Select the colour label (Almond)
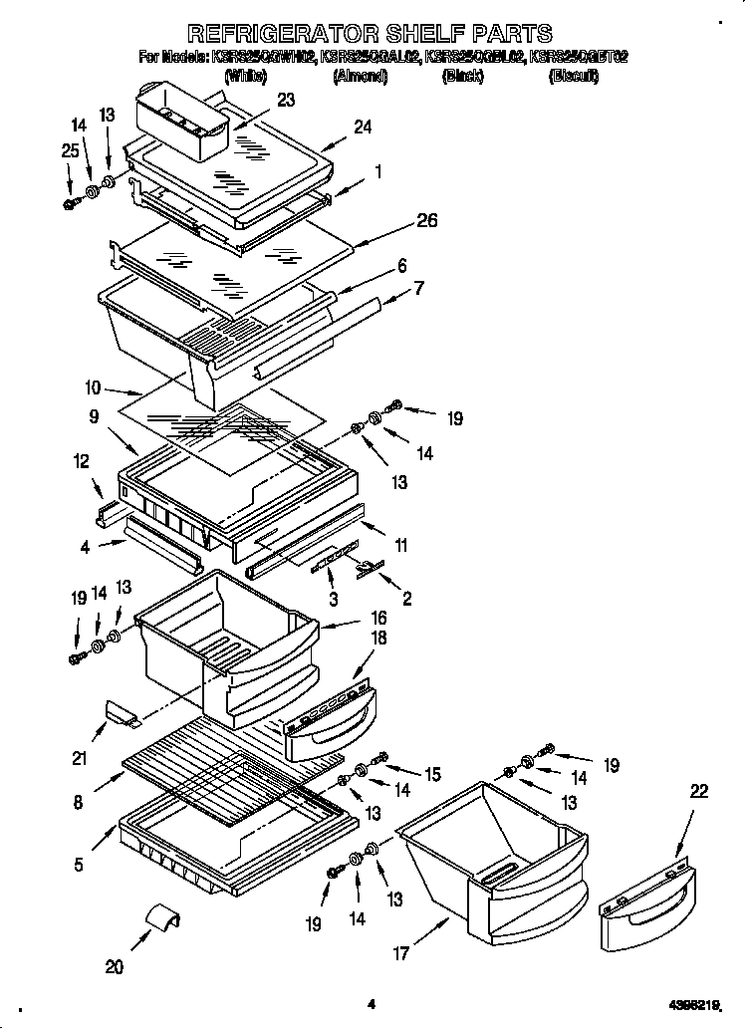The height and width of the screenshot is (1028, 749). (x=360, y=76)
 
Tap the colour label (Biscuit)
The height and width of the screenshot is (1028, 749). (x=574, y=76)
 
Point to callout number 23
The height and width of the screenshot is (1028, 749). (x=286, y=100)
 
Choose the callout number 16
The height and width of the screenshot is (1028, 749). (x=377, y=619)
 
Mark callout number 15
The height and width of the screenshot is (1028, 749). (x=432, y=773)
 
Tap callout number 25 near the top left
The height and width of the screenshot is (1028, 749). (x=68, y=150)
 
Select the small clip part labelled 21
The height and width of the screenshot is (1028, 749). (x=121, y=713)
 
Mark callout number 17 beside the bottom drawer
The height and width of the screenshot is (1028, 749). (x=401, y=953)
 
